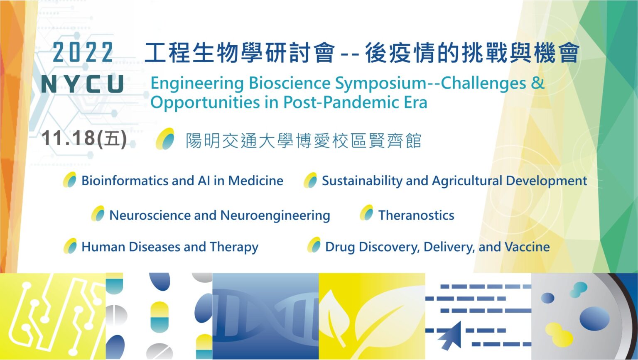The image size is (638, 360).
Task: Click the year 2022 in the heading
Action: (83, 52)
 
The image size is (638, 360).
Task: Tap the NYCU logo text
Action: (83, 84)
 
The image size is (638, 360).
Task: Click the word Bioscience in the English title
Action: (290, 83)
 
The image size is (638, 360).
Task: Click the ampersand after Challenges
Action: (537, 83)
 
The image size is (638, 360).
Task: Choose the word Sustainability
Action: (362, 181)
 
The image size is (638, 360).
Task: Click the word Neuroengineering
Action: (275, 216)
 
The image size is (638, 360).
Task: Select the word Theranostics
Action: (416, 216)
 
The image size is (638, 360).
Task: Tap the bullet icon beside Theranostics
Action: (367, 213)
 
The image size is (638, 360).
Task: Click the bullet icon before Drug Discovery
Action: (314, 245)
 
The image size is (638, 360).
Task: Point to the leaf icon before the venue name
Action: (165, 139)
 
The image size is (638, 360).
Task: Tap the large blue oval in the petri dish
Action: (594, 319)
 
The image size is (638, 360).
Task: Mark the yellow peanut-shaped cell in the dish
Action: (559, 334)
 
